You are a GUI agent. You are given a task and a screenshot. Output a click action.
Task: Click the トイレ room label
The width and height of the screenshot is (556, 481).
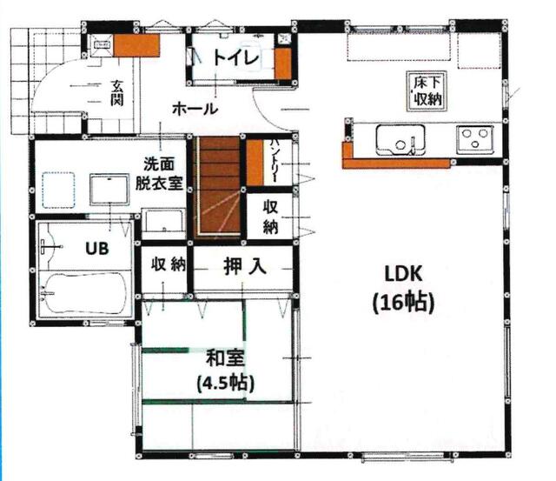coord(236,58)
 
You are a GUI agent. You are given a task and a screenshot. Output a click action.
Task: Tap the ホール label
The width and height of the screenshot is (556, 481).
coord(195,109)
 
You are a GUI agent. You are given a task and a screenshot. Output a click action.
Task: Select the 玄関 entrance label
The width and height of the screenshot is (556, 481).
coord(116,93)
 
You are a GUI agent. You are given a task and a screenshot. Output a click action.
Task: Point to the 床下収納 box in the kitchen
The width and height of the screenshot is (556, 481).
coord(426,91)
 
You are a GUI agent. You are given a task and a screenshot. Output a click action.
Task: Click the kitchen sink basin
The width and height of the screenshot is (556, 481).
coord(400,139)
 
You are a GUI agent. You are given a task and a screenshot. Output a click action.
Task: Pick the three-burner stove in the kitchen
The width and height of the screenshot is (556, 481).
coord(475,138)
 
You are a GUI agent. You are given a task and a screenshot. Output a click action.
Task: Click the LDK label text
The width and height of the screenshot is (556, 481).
coord(403,274)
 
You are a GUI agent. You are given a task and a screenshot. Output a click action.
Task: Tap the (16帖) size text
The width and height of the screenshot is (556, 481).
coord(403,304)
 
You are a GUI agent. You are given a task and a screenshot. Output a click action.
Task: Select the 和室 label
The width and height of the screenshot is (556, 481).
coord(226,358)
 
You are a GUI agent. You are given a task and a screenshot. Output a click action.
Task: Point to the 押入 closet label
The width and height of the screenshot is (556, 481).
coord(245,266)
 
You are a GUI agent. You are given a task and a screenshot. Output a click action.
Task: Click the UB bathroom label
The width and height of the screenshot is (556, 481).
coord(96,249)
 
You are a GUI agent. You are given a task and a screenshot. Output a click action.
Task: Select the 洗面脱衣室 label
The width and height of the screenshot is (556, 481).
coord(159,174)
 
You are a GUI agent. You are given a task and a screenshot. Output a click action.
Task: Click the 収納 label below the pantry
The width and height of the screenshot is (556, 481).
coord(270,217)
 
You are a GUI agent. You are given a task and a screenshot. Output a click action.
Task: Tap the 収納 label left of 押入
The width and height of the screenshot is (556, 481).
coord(168,264)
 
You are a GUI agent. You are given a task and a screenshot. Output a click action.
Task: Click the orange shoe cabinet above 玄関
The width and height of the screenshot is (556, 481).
coord(136,45)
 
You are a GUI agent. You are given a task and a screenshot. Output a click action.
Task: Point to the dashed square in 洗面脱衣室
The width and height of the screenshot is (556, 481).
coord(58,190)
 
